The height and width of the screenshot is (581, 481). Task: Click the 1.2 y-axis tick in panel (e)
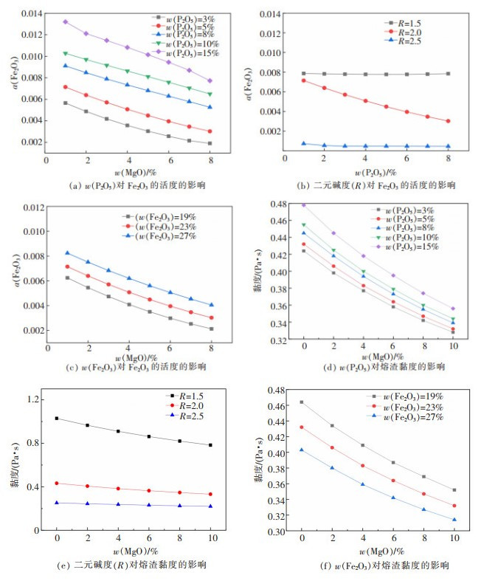(34, 399)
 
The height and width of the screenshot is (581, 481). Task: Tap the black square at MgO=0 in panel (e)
(55, 419)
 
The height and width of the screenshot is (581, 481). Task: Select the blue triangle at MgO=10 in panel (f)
(454, 520)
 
